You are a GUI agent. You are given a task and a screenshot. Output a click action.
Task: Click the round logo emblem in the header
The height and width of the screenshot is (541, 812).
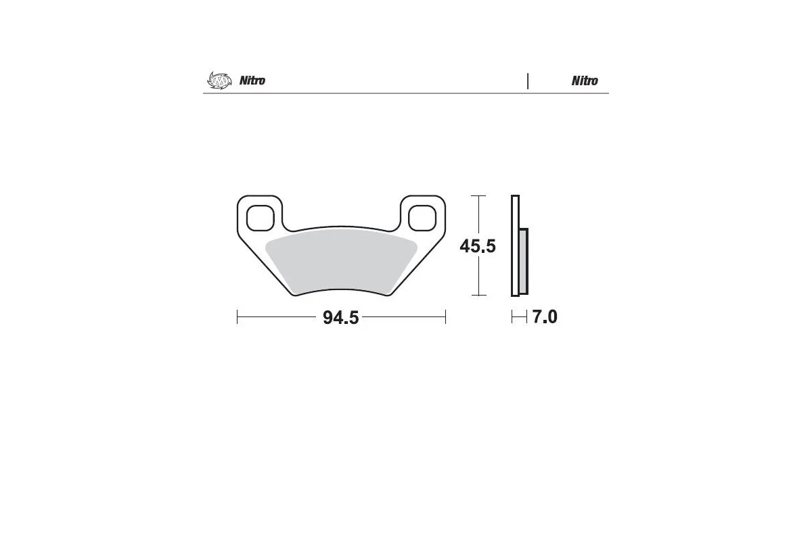pos(219,80)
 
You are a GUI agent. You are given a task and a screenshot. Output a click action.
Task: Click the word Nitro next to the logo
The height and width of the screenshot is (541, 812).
pos(252,80)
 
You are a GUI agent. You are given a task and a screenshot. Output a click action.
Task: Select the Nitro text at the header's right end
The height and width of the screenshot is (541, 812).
pos(585,80)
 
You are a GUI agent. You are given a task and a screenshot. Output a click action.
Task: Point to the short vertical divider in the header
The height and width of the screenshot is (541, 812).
pos(527,80)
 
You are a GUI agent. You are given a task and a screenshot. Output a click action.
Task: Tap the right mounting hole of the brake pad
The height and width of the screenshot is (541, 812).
pos(423,218)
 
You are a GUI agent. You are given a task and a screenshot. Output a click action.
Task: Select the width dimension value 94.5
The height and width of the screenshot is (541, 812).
pos(340,318)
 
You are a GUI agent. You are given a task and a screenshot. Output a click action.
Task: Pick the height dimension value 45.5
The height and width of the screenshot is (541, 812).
pos(478,246)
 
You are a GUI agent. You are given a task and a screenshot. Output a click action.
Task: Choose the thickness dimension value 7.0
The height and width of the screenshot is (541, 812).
pos(544,317)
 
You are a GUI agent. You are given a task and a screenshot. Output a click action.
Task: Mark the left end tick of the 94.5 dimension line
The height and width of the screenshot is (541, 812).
pos(238,317)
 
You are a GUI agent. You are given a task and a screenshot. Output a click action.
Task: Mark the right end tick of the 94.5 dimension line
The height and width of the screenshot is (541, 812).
pos(445,317)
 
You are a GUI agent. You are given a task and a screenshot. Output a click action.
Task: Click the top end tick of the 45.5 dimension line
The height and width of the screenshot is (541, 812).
pos(478,196)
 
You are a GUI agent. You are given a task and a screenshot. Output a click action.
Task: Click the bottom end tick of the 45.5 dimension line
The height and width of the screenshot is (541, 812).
pos(478,296)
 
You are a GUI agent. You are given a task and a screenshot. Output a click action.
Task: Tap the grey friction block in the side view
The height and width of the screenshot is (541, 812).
pos(523,260)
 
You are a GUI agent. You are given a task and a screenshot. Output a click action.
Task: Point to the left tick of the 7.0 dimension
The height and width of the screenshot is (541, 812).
pos(512,317)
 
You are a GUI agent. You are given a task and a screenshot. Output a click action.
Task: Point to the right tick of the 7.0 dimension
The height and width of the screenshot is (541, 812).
pos(526,317)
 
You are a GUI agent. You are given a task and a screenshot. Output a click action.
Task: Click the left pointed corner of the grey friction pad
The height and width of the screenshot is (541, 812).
pos(267,244)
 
